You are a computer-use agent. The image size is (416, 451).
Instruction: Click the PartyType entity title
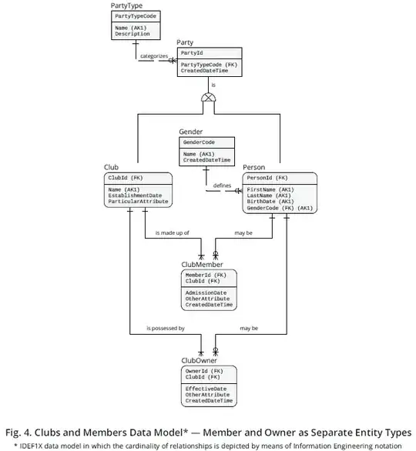pyautogui.click(x=128, y=5)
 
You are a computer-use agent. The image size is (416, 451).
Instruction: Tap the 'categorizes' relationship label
pyautogui.click(x=133, y=56)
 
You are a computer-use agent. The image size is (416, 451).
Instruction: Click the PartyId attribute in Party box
pyautogui.click(x=192, y=53)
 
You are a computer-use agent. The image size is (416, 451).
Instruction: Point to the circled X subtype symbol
pyautogui.click(x=207, y=98)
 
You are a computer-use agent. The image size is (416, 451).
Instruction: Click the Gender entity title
pyautogui.click(x=191, y=132)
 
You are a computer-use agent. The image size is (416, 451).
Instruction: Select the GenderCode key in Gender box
pyautogui.click(x=199, y=142)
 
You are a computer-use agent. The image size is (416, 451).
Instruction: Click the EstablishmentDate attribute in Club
pyautogui.click(x=135, y=195)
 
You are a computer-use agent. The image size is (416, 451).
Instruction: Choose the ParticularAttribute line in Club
pyautogui.click(x=138, y=202)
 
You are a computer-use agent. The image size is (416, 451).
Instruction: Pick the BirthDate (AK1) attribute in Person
pyautogui.click(x=270, y=202)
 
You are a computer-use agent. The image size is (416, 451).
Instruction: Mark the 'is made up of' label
pyautogui.click(x=172, y=232)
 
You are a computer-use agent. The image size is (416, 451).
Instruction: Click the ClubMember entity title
pyautogui.click(x=202, y=264)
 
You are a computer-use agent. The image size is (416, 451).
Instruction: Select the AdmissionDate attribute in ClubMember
pyautogui.click(x=206, y=292)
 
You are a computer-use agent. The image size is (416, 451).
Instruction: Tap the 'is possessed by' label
pyautogui.click(x=165, y=329)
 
